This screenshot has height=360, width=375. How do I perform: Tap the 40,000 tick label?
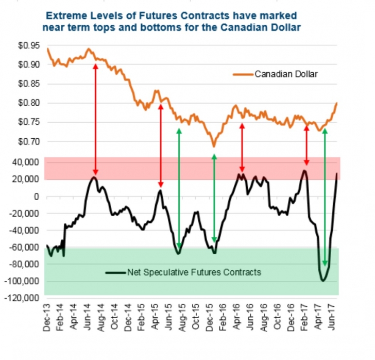click(x=29, y=162)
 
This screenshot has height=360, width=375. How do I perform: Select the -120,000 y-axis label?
click(x=25, y=298)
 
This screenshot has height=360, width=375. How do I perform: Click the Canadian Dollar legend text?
click(x=286, y=74)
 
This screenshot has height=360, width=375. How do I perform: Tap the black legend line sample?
click(x=115, y=271)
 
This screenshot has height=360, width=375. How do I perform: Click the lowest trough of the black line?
click(x=323, y=281)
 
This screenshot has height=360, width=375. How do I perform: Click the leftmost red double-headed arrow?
click(x=95, y=119)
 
